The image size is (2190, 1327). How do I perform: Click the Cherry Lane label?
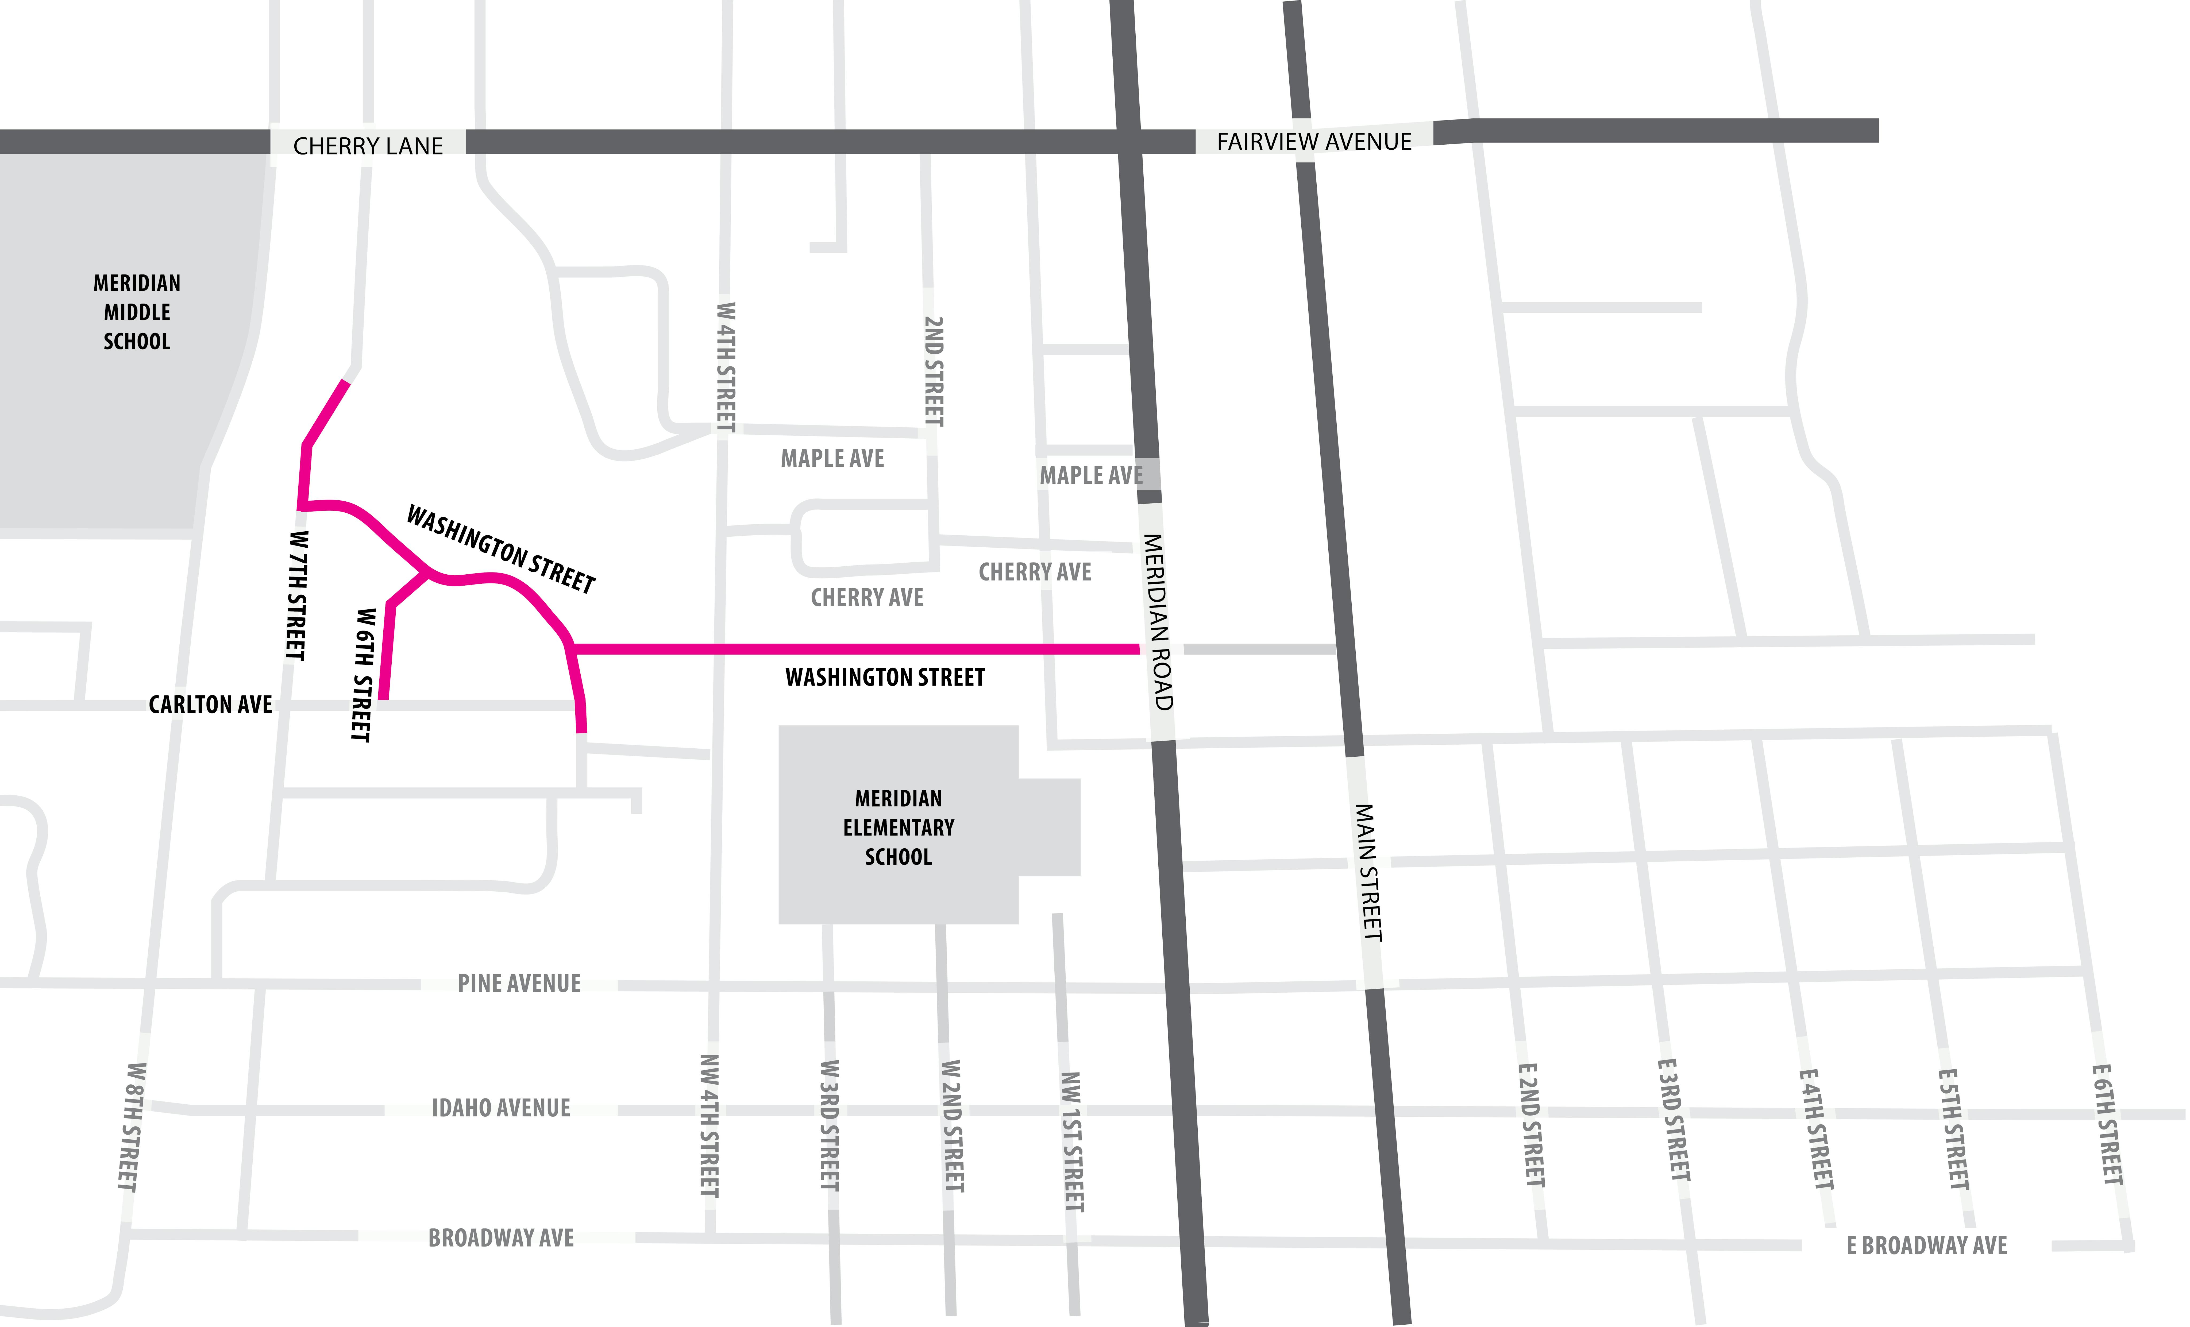pyautogui.click(x=368, y=146)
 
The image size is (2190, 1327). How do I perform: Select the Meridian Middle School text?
pyautogui.click(x=137, y=312)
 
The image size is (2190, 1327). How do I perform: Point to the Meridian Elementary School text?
pyautogui.click(x=899, y=827)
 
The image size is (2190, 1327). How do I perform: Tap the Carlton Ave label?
pyautogui.click(x=211, y=705)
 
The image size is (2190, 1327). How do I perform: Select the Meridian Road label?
pyautogui.click(x=1158, y=622)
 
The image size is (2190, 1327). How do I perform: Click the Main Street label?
pyautogui.click(x=1369, y=873)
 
